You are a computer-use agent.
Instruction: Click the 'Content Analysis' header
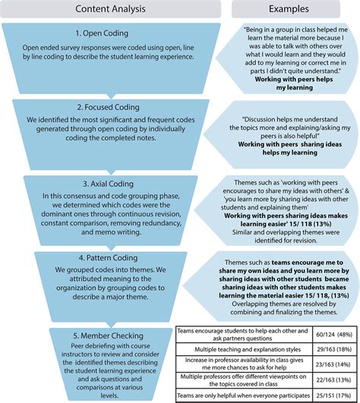(110, 9)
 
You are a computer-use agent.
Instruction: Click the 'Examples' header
(289, 9)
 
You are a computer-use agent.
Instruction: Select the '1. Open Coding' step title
(102, 33)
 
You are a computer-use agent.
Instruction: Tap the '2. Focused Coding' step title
(109, 107)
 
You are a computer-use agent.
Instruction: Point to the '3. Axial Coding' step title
(108, 184)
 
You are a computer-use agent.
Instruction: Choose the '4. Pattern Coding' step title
(108, 258)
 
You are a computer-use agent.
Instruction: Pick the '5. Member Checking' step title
(108, 335)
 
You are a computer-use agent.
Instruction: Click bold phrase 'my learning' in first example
(295, 87)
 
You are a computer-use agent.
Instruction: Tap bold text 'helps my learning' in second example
(290, 153)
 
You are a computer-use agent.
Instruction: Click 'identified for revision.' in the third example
(286, 241)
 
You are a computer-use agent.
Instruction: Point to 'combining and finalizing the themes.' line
(284, 312)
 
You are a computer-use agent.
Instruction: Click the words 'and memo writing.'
(111, 232)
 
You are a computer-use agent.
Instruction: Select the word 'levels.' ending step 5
(109, 395)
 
